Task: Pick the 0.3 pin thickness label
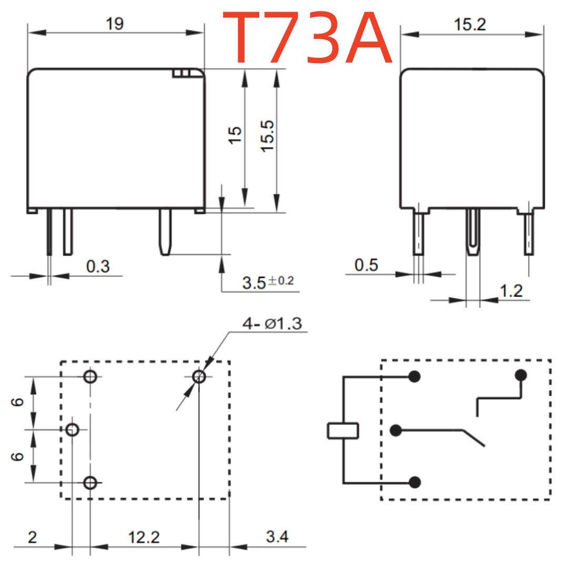pyautogui.click(x=98, y=266)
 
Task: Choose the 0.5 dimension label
pyautogui.click(x=366, y=265)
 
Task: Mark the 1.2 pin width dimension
pyautogui.click(x=511, y=290)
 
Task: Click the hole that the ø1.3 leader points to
pyautogui.click(x=199, y=377)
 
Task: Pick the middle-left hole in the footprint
pyautogui.click(x=73, y=430)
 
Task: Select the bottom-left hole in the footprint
pyautogui.click(x=90, y=482)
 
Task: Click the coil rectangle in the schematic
pyautogui.click(x=343, y=430)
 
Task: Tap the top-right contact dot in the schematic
pyautogui.click(x=521, y=376)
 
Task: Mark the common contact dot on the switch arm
pyautogui.click(x=395, y=431)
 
